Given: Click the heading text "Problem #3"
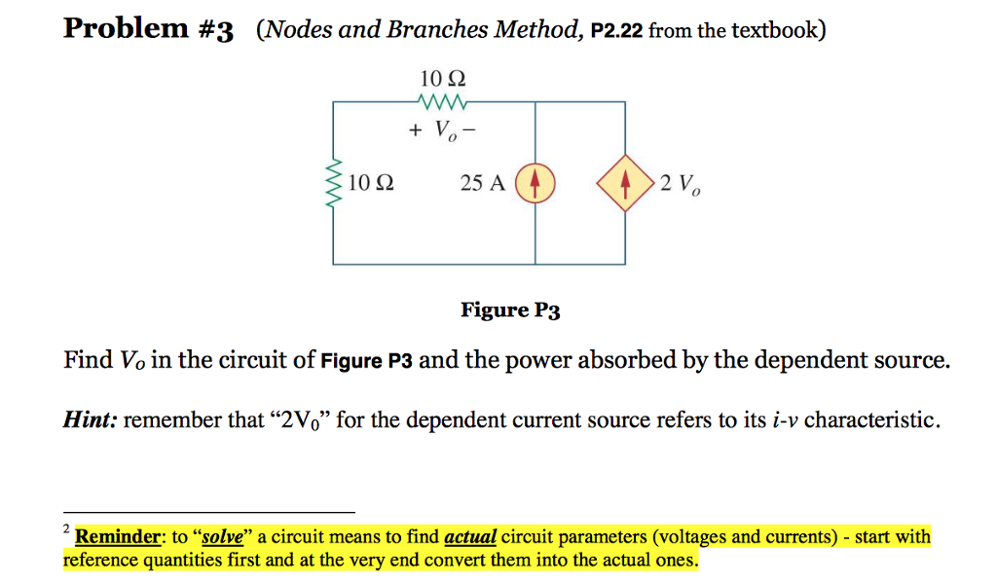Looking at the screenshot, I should (148, 29).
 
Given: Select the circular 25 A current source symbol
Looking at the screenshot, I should (535, 183).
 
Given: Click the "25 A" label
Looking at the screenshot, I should (483, 183).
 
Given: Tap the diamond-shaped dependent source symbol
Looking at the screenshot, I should (624, 183).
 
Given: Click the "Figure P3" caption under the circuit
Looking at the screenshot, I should (510, 310).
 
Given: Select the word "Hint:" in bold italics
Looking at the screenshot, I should (92, 419).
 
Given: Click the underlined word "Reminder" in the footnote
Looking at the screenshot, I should (117, 536).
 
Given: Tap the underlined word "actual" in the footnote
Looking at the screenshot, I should (470, 536).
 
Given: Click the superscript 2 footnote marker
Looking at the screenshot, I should (66, 528).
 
